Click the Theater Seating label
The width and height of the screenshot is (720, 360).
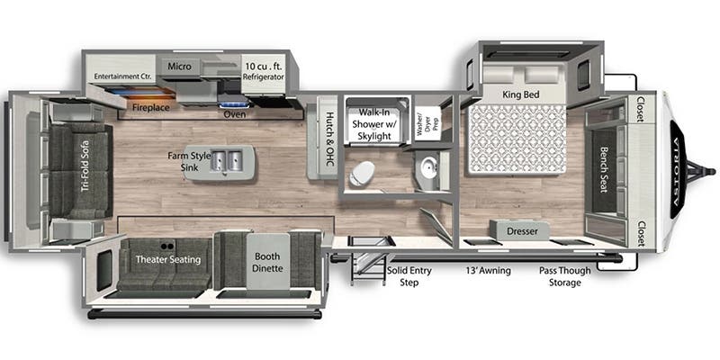(x=167, y=260)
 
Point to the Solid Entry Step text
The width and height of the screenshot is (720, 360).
(x=408, y=275)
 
